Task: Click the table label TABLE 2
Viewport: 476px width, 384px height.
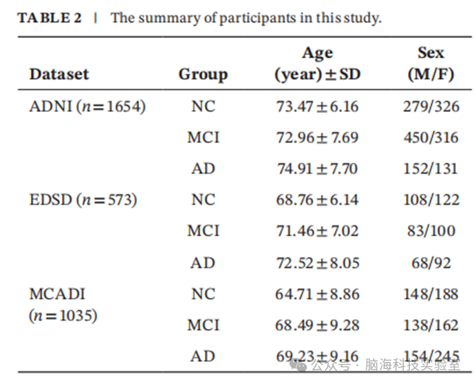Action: [x=50, y=18]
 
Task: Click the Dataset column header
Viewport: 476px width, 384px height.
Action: [x=59, y=74]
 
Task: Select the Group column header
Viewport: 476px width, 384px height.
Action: [x=203, y=75]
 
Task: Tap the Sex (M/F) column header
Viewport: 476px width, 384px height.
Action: [x=431, y=63]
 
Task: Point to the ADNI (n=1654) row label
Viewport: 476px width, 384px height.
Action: [x=87, y=106]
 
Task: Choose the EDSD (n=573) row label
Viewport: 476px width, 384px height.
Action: [x=83, y=200]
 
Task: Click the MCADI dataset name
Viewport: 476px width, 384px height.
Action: [x=57, y=294]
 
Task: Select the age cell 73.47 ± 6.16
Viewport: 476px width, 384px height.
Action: [x=317, y=106]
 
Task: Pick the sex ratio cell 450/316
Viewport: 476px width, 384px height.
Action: [x=431, y=137]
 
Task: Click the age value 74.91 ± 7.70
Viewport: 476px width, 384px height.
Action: [x=317, y=169]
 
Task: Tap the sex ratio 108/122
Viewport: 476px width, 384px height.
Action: [x=431, y=200]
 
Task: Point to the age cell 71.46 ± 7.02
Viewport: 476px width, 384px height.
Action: [x=317, y=231]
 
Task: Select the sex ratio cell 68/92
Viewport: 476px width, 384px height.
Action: [x=431, y=263]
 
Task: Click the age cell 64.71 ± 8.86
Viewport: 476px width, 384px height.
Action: [x=317, y=294]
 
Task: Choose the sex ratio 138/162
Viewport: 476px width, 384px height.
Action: [x=431, y=326]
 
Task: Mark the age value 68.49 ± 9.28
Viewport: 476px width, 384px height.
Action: [x=317, y=326]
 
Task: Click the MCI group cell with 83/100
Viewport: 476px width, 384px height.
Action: [x=203, y=231]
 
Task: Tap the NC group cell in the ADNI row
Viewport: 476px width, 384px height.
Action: [x=203, y=106]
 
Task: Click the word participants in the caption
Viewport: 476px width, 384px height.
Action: [x=258, y=18]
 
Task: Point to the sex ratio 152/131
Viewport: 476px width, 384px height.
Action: [x=431, y=169]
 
